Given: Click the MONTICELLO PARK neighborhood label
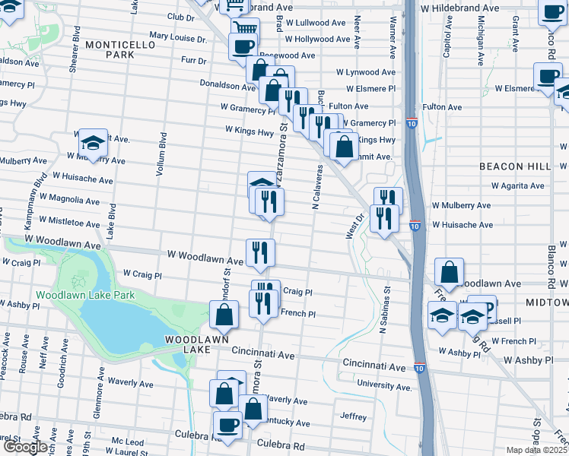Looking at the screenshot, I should [120, 50].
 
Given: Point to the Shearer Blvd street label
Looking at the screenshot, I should [75, 52].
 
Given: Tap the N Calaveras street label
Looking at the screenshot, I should [313, 188].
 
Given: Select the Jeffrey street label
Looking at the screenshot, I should [354, 416].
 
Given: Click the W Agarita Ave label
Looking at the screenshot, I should [517, 185].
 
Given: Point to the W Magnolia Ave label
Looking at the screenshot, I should [72, 201].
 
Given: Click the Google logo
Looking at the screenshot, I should [25, 447].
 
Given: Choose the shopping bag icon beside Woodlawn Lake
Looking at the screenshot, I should [224, 315].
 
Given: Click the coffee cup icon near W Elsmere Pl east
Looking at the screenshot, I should [548, 77].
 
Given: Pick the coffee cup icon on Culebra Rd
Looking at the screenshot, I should [227, 425].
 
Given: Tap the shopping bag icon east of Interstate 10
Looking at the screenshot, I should [450, 273].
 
